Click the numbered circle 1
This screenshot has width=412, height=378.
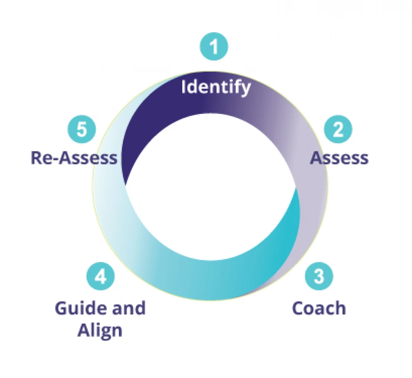[214, 46]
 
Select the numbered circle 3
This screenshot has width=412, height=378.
[319, 276]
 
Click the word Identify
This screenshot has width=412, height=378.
[216, 87]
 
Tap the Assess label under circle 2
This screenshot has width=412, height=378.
[339, 158]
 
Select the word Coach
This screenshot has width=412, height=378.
[319, 308]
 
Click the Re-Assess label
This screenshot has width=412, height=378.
[74, 158]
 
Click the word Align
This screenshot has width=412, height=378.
[100, 331]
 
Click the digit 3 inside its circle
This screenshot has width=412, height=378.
[319, 276]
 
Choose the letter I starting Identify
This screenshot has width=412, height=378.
[184, 87]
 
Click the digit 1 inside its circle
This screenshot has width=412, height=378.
[214, 46]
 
